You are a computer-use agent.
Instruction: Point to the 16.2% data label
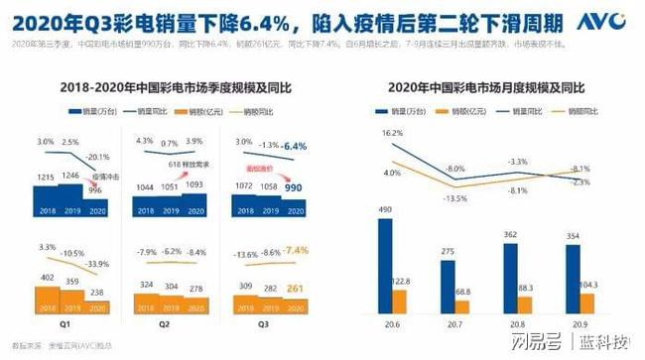[392, 132]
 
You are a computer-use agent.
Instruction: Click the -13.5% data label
[455, 197]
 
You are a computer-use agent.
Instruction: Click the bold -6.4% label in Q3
[295, 146]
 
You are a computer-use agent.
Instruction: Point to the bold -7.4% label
[295, 251]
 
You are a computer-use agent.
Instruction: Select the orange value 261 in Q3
[294, 289]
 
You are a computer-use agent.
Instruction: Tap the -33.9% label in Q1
[97, 263]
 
